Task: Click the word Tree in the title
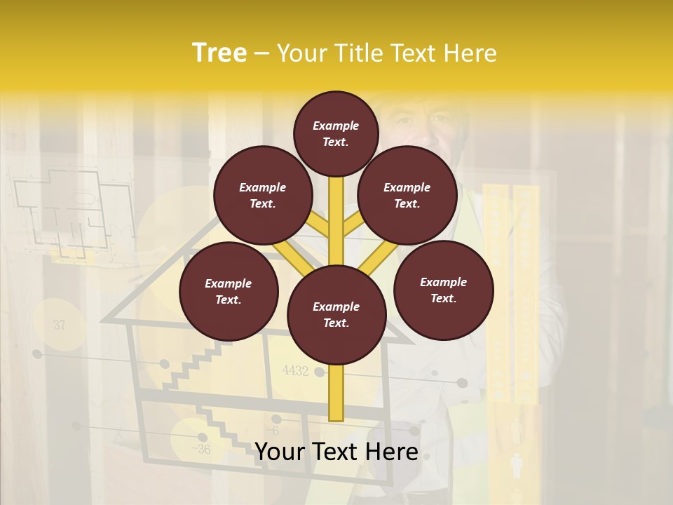point(219,53)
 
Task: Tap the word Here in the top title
point(469,53)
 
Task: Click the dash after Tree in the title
point(262,54)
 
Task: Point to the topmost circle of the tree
point(336,133)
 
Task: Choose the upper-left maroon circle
point(263,195)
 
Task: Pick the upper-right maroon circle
point(407,195)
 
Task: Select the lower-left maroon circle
point(229,291)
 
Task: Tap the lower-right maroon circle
point(443,290)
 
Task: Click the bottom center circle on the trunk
point(336,314)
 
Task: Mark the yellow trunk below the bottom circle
point(336,393)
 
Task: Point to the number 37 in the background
point(59,325)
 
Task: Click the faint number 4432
point(295,371)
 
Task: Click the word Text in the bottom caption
point(337,452)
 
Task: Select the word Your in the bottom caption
point(280,452)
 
